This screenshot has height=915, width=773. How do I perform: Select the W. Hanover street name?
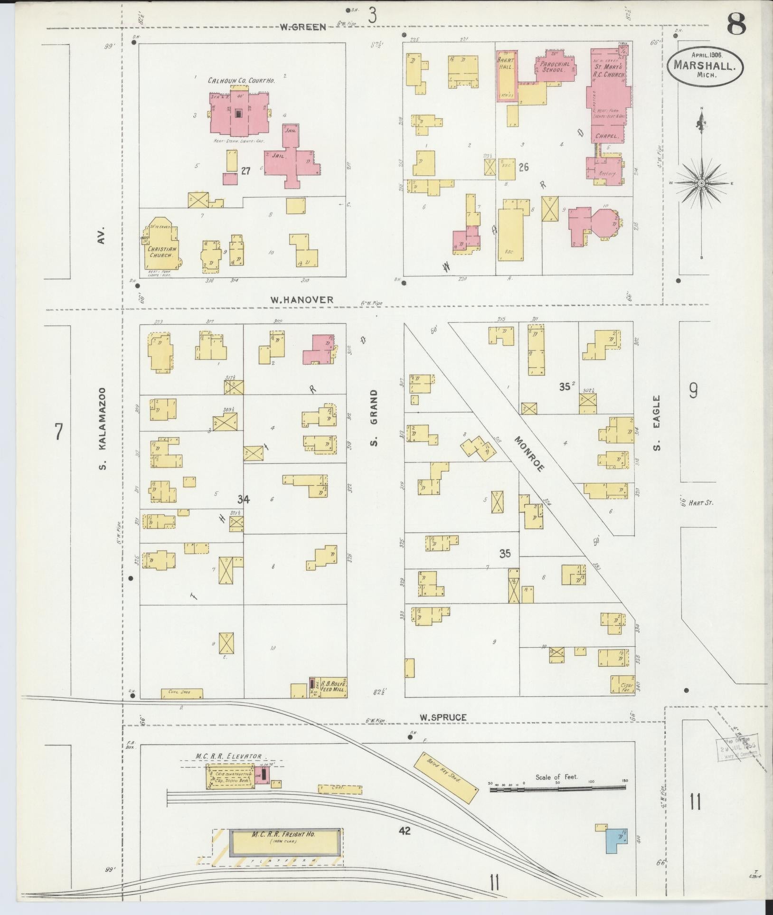[302, 300]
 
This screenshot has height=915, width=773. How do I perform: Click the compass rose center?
[701, 183]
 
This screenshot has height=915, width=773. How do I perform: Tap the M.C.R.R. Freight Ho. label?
[284, 834]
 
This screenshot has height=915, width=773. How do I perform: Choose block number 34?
[244, 499]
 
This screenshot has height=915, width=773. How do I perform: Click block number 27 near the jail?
[245, 171]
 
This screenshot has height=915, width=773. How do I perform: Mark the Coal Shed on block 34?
[182, 693]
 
